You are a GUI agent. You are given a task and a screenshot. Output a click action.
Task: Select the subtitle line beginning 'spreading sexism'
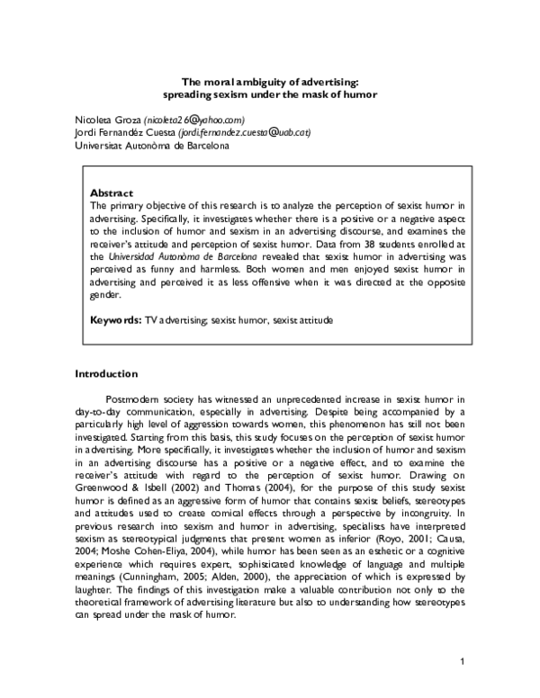[x=270, y=94]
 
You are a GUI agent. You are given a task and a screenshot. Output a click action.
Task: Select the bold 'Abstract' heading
[x=112, y=192]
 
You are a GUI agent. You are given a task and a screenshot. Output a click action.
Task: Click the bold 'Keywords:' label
[x=117, y=319]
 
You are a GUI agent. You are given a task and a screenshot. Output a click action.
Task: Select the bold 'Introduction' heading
[x=106, y=372]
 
